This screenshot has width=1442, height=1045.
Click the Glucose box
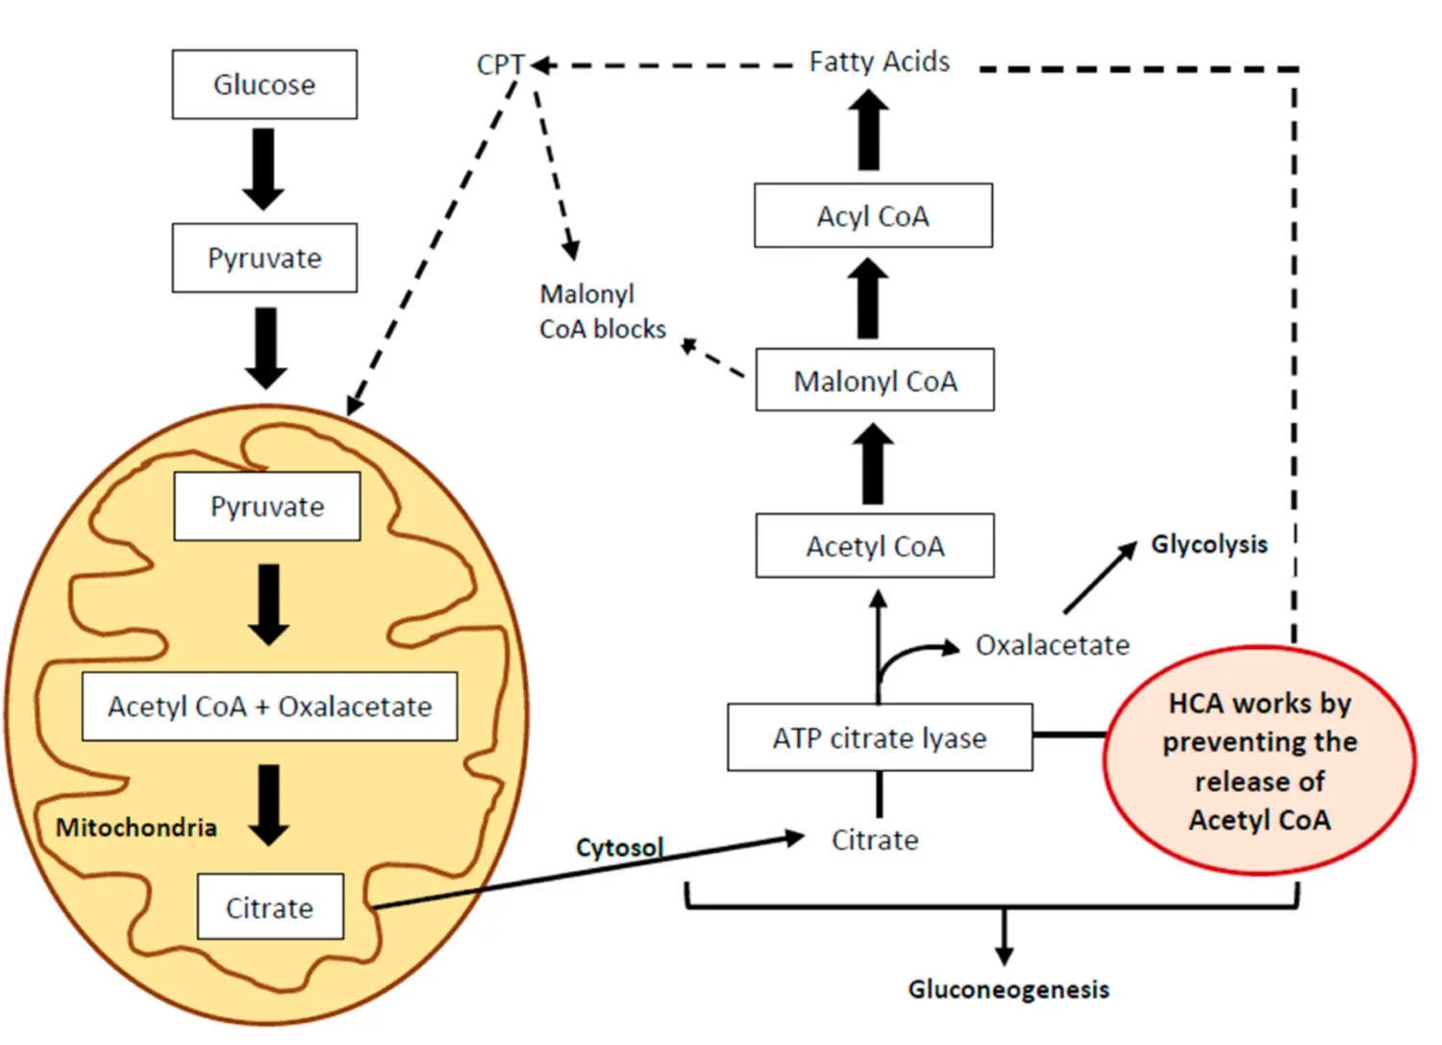coord(264,85)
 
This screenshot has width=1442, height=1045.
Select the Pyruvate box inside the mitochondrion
coord(267,507)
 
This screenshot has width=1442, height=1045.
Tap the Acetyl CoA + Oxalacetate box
coord(269,707)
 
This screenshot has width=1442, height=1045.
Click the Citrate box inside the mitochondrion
coord(270,907)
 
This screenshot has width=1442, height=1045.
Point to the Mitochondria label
coord(137,828)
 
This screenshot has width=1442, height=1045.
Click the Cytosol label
coord(619,847)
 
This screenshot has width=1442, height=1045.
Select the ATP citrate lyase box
coord(880,737)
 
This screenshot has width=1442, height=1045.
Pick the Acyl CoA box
coord(873,215)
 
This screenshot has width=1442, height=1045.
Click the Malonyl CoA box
coord(875,381)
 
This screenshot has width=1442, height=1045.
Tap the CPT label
coord(500,65)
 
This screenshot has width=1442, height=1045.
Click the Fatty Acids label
coord(879,62)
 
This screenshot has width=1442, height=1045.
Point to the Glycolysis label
coord(1209,544)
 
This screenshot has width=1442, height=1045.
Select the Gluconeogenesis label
coord(1008,989)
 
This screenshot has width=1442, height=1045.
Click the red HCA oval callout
coord(1259,760)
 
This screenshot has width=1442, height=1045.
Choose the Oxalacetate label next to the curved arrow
coord(1053,645)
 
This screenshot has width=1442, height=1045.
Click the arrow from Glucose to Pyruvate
coord(263,169)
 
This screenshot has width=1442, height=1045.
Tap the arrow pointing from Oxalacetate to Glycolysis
coord(1100,579)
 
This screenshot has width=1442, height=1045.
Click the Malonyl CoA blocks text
coord(602,311)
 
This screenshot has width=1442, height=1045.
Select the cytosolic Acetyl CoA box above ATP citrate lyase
coord(875,546)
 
